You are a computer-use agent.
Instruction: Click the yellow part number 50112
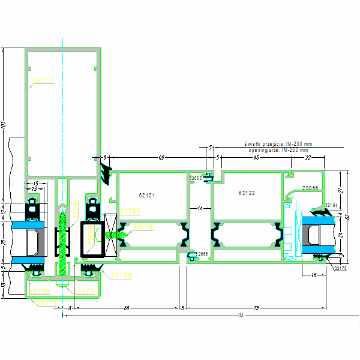(43, 80)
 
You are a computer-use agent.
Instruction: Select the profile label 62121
(147, 195)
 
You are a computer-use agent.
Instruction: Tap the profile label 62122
(247, 193)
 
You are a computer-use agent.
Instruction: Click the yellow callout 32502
(130, 211)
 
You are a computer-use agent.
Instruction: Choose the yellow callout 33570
(142, 227)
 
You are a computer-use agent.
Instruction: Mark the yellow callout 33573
(84, 292)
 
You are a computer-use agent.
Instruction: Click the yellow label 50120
(40, 292)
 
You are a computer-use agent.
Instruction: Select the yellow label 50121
(47, 303)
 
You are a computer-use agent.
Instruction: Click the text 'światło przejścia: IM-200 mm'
(278, 144)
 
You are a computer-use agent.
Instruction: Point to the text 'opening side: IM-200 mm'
(278, 150)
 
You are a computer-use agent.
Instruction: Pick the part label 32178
(340, 268)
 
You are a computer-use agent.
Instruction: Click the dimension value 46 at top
(256, 157)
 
